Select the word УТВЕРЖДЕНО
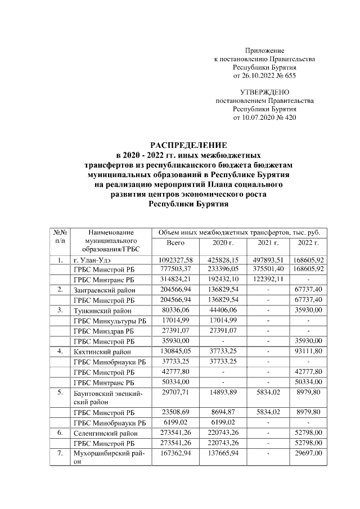(x=264, y=92)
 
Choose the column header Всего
(x=176, y=242)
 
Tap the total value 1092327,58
(x=177, y=260)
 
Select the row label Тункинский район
(x=98, y=310)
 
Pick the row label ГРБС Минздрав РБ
(x=105, y=331)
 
